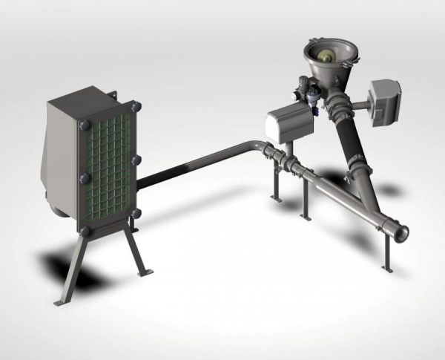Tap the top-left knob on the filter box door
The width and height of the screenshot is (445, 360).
tap(84, 125)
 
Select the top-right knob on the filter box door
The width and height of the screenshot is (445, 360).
tap(134, 108)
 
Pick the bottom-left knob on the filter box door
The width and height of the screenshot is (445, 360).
tap(85, 231)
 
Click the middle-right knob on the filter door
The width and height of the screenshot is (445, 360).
tap(136, 160)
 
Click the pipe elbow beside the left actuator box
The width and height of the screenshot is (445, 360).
tap(259, 148)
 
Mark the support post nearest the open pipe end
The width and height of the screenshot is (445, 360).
tap(383, 252)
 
